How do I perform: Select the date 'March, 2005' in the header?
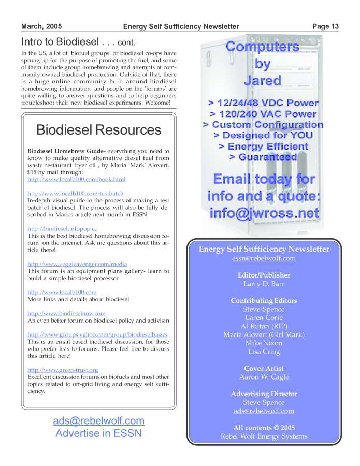tap(41, 26)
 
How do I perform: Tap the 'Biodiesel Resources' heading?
tap(99, 129)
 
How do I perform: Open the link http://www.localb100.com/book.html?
tap(76, 179)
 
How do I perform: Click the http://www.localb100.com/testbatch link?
tap(75, 193)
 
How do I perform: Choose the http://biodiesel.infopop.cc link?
tap(62, 228)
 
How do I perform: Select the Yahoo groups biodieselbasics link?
tap(97, 334)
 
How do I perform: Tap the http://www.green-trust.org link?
tap(63, 370)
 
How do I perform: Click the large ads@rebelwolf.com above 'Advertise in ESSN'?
tap(98, 420)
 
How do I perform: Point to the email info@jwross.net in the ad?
tap(264, 213)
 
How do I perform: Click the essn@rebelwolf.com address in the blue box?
tap(264, 258)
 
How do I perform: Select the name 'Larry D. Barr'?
tap(264, 284)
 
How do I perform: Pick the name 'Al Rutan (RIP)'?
tap(264, 326)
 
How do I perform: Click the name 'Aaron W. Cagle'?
tap(264, 377)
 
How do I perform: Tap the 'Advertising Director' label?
tap(264, 394)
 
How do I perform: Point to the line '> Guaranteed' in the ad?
tap(263, 157)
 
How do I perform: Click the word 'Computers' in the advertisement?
tap(263, 47)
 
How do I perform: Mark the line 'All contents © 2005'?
tap(264, 428)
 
